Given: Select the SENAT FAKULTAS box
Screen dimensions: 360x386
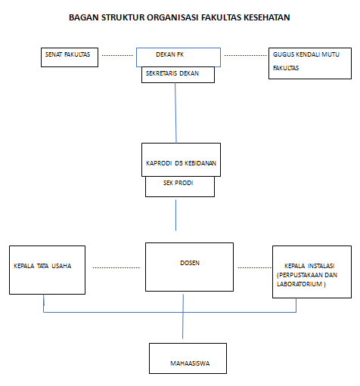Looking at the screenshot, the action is tap(70, 57).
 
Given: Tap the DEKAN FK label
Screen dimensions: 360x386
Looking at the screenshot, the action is tap(169, 54).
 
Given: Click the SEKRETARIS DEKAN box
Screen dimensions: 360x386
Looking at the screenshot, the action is tap(178, 75).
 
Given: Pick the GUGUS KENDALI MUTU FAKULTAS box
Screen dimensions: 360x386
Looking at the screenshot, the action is tap(310, 63).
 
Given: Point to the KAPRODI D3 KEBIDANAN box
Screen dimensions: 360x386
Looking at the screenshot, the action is tap(181, 159).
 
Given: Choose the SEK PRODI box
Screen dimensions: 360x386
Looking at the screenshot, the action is tap(180, 187).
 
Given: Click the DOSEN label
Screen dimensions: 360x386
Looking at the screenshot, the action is tap(190, 263).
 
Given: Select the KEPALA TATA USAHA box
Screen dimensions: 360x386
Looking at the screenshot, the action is tap(47, 270).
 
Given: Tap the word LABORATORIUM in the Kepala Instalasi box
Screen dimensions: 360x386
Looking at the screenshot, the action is tap(299, 284).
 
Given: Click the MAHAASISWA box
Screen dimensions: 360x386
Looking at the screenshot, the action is tap(188, 358).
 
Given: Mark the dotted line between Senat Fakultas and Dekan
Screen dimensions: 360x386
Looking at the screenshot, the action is tap(117, 55).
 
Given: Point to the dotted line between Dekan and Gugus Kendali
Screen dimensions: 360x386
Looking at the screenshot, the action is tap(245, 55).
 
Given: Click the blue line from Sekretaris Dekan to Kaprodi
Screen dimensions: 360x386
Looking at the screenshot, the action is tap(175, 113).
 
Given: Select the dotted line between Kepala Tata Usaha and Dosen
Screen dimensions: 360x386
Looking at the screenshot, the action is tap(116, 267).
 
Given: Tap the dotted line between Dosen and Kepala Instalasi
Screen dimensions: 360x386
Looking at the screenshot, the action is tap(255, 267).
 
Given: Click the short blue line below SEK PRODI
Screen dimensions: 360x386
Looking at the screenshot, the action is tap(175, 215).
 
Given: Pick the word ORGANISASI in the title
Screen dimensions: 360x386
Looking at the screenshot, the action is tap(173, 17).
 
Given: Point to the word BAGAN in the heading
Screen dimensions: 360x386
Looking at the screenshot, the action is tap(84, 17).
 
